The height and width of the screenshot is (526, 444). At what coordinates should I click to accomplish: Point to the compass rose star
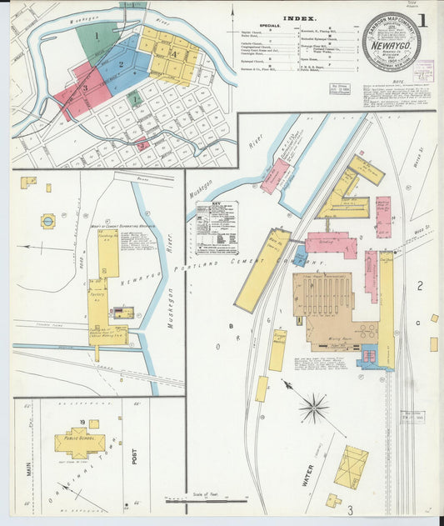pos(313,407)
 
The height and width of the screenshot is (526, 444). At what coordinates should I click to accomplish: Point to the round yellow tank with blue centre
pos(47,221)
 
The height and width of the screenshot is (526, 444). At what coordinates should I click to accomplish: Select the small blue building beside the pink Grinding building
pos(301,253)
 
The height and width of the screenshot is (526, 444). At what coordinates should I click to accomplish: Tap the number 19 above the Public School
pos(82,423)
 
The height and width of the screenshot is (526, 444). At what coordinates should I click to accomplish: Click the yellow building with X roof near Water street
pos(351,466)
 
